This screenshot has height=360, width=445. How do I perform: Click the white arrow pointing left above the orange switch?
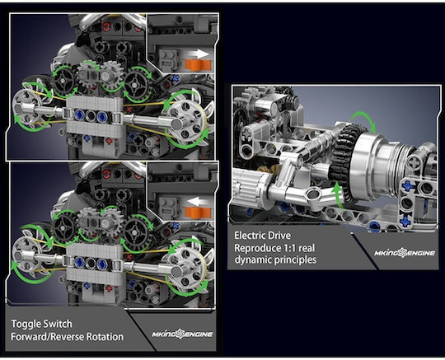coord(199,202)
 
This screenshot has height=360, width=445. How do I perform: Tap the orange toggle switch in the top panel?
coord(198,65)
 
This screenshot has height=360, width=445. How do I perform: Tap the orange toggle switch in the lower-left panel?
coord(198,213)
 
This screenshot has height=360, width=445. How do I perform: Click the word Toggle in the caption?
coord(27,324)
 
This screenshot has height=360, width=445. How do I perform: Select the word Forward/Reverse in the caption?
coord(48,337)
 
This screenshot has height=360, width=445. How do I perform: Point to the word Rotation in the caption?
coord(105,337)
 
